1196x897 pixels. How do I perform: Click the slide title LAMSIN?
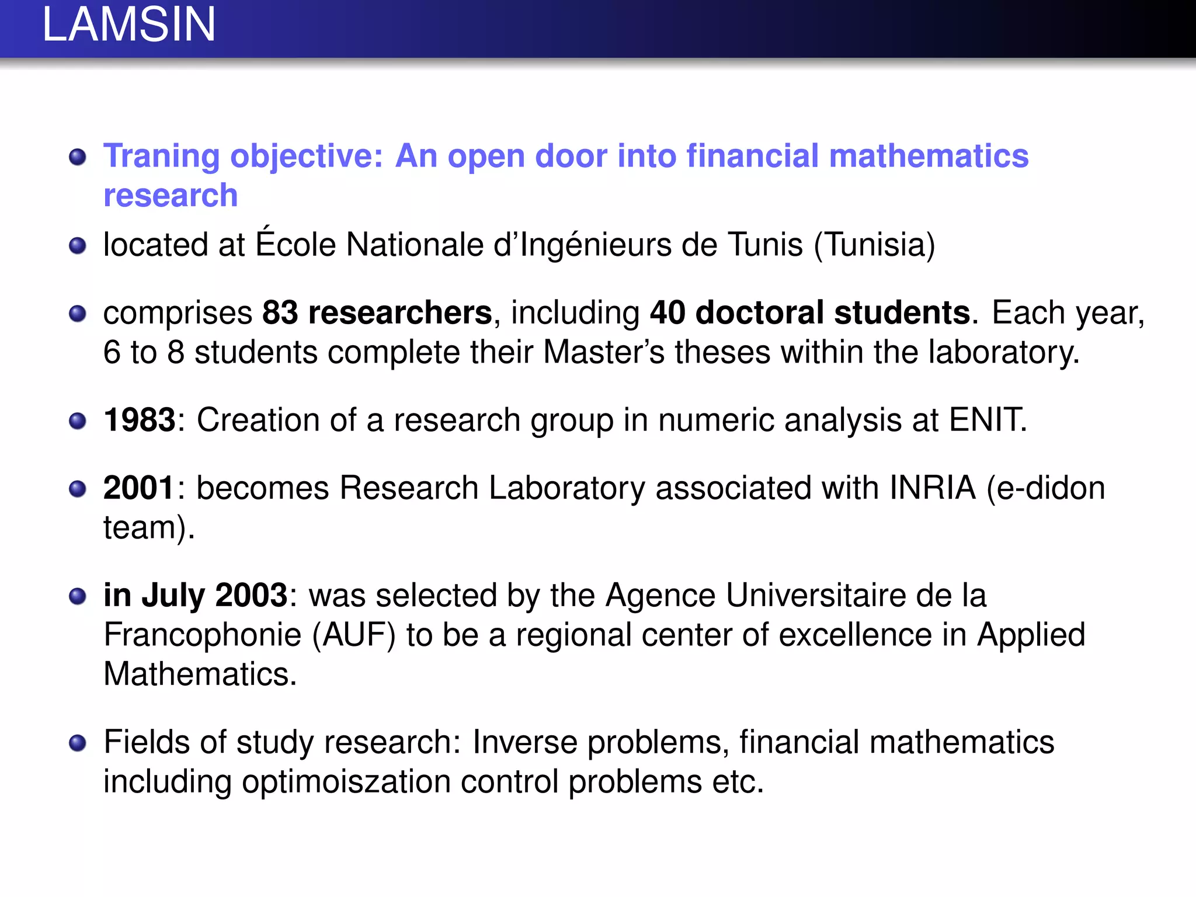129,25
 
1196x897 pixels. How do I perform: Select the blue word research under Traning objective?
171,195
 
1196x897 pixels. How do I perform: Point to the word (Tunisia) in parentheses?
874,245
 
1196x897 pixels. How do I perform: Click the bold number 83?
280,312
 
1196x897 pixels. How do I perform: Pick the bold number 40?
667,312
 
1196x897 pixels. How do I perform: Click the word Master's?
604,352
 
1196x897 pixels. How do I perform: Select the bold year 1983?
139,420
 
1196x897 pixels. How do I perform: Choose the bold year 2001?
139,488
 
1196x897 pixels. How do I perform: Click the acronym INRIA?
932,488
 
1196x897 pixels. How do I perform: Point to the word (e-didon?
1045,488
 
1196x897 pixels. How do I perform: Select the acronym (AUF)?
354,635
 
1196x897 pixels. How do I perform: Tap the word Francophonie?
202,635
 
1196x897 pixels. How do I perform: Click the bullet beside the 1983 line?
77,420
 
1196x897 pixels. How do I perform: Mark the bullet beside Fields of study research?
77,743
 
